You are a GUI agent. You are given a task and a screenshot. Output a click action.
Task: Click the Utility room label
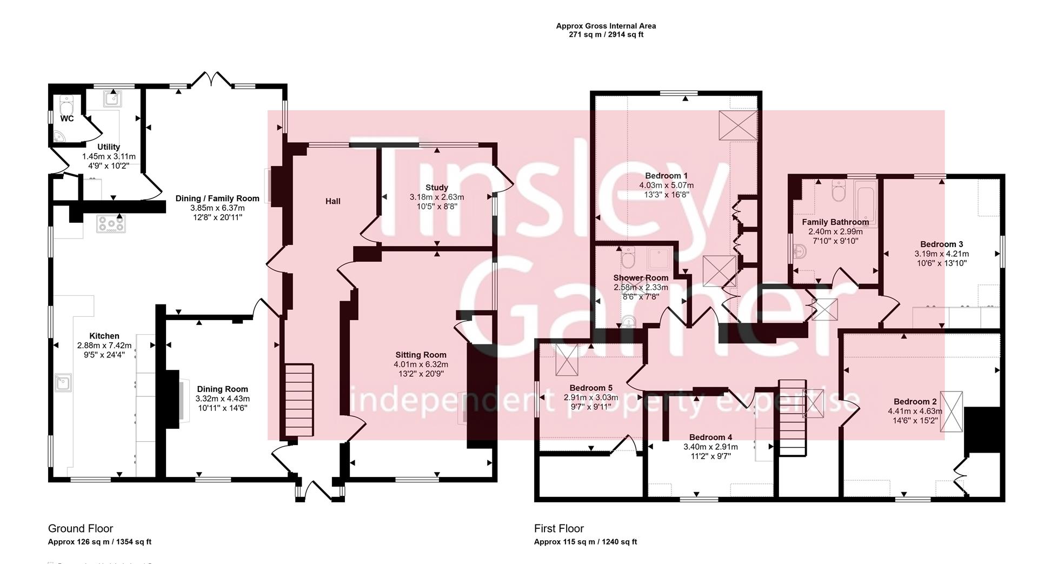tap(108, 147)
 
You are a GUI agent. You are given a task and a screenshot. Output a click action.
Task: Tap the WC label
tap(67, 118)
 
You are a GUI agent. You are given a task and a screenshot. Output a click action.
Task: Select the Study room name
tap(436, 188)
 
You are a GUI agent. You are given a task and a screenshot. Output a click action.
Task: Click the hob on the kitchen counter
tap(111, 223)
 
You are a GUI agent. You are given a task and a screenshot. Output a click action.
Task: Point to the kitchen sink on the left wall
tap(64, 383)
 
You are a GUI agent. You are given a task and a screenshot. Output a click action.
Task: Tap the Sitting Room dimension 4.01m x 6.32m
tap(421, 364)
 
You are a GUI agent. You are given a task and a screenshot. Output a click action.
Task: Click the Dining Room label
tap(222, 389)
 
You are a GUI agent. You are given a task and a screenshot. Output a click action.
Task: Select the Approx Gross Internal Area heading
tap(605, 25)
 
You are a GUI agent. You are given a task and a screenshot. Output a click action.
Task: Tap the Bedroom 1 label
tap(666, 176)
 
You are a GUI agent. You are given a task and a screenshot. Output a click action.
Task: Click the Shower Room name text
tap(641, 278)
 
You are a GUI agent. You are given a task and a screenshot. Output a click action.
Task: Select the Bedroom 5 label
tap(590, 388)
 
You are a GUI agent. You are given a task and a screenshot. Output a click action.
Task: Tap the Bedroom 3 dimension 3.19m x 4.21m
tap(941, 254)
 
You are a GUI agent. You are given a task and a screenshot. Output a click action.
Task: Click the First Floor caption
tap(558, 528)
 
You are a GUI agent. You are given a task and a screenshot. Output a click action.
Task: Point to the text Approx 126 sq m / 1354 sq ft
tap(99, 542)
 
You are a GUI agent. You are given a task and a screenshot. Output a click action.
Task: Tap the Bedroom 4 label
tap(710, 437)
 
